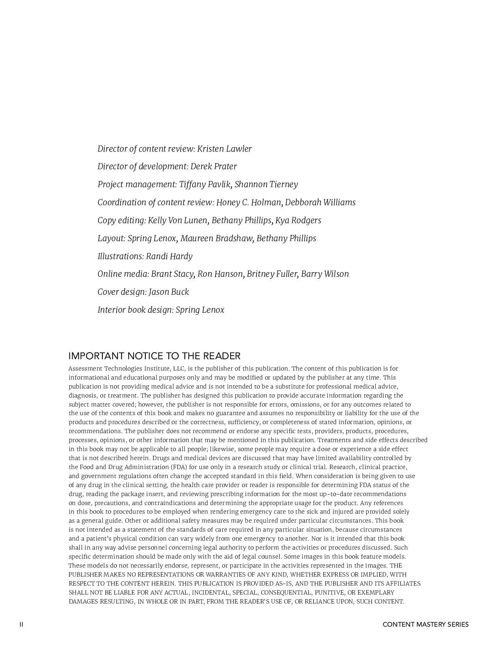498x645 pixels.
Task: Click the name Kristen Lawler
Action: (x=224, y=149)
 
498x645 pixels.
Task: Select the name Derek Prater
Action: (x=213, y=167)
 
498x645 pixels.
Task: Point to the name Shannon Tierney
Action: (x=266, y=185)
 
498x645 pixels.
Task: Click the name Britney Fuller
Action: (x=272, y=274)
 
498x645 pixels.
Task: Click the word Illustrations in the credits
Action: (x=120, y=256)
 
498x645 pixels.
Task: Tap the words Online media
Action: (x=123, y=274)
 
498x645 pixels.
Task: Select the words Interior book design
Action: (x=135, y=310)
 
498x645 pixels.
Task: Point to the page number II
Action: (x=21, y=624)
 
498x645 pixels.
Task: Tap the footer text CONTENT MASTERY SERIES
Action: (x=425, y=624)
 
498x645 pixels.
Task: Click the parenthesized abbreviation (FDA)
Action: (x=179, y=467)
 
